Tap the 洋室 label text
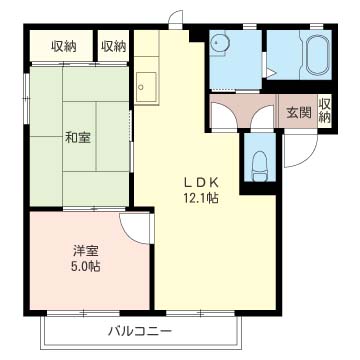tap(84, 250)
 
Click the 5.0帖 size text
tap(84, 267)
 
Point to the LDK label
tap(200, 182)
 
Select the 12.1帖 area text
tap(200, 198)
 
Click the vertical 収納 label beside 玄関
tap(325, 111)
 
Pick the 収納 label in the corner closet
tap(63, 46)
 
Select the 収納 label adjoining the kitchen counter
tap(113, 46)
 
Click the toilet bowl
tap(258, 162)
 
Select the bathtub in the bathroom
tap(319, 54)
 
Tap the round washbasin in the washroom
tap(221, 43)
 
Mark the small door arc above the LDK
tap(176, 19)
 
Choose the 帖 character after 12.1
tap(214, 198)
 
